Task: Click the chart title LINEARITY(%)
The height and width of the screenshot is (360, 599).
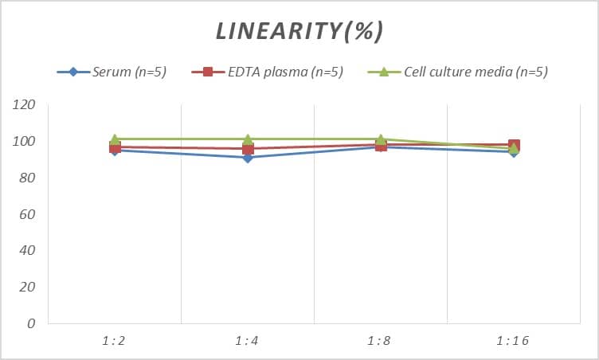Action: pyautogui.click(x=299, y=31)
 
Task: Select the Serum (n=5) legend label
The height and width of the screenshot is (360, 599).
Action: pyautogui.click(x=128, y=72)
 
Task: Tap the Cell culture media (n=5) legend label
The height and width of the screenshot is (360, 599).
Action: pyautogui.click(x=476, y=72)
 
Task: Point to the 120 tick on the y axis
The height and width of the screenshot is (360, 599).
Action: pyautogui.click(x=24, y=105)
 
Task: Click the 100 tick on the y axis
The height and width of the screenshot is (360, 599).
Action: pyautogui.click(x=24, y=142)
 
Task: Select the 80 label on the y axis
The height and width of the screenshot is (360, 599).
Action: pyautogui.click(x=26, y=178)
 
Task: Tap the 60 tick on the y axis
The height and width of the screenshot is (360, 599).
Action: pyautogui.click(x=26, y=214)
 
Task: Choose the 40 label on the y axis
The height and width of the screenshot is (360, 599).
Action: pyautogui.click(x=26, y=251)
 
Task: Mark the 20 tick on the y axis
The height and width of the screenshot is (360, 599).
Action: pyautogui.click(x=26, y=287)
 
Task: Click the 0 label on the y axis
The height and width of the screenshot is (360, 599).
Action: pyautogui.click(x=30, y=323)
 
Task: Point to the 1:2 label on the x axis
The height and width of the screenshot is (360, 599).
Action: pyautogui.click(x=115, y=341)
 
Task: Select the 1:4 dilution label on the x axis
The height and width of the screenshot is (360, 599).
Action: pyautogui.click(x=248, y=341)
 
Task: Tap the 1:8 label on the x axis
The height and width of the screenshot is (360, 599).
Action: pyautogui.click(x=380, y=341)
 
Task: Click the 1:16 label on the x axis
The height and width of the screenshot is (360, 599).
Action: pyautogui.click(x=513, y=341)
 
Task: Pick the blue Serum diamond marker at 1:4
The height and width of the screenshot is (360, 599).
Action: pyautogui.click(x=248, y=158)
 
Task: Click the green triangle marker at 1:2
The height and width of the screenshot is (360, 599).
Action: pyautogui.click(x=115, y=139)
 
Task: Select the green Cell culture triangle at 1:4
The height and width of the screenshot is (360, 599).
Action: pyautogui.click(x=248, y=139)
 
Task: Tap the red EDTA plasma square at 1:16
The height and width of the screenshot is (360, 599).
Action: pyautogui.click(x=514, y=145)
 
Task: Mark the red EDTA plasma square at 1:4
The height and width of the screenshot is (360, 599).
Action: pyautogui.click(x=248, y=149)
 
